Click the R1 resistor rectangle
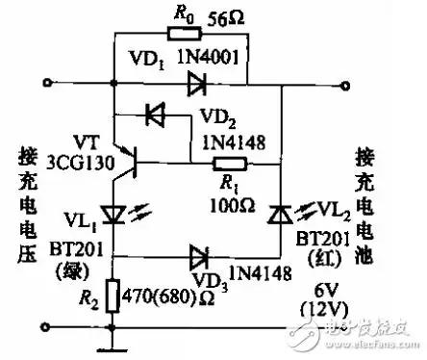point(230,165)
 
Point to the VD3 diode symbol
point(197,256)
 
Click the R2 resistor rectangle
point(113,294)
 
